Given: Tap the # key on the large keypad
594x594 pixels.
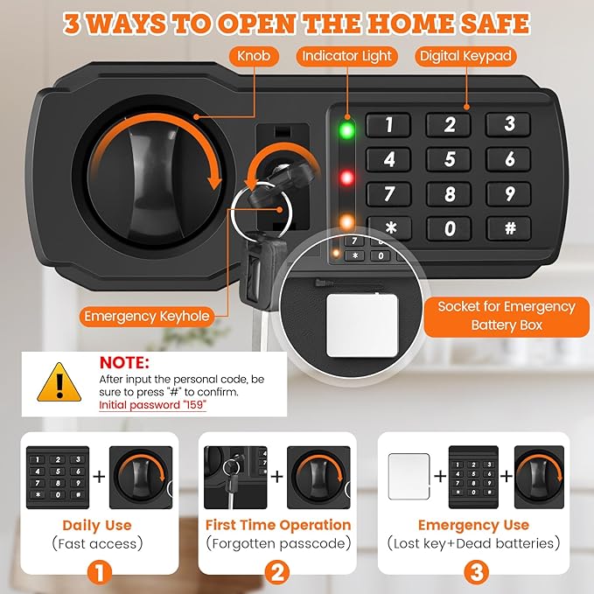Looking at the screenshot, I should click(x=510, y=228).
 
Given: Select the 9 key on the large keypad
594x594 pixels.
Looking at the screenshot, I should click(x=510, y=193).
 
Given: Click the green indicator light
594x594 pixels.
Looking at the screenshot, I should click(x=347, y=132).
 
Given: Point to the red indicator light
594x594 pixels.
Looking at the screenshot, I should click(x=347, y=178).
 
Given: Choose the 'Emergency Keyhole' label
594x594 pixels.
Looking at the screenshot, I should click(x=147, y=317).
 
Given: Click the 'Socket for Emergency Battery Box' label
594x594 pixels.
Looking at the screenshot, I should click(x=507, y=316).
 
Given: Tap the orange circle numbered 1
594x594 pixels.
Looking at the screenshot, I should click(x=97, y=572).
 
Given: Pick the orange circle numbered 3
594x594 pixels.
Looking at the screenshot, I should click(x=473, y=572).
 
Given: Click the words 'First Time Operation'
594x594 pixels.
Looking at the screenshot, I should click(x=278, y=525).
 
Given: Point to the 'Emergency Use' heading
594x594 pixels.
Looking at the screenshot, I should click(x=473, y=525).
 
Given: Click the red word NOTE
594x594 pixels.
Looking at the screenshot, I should click(x=124, y=361).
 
